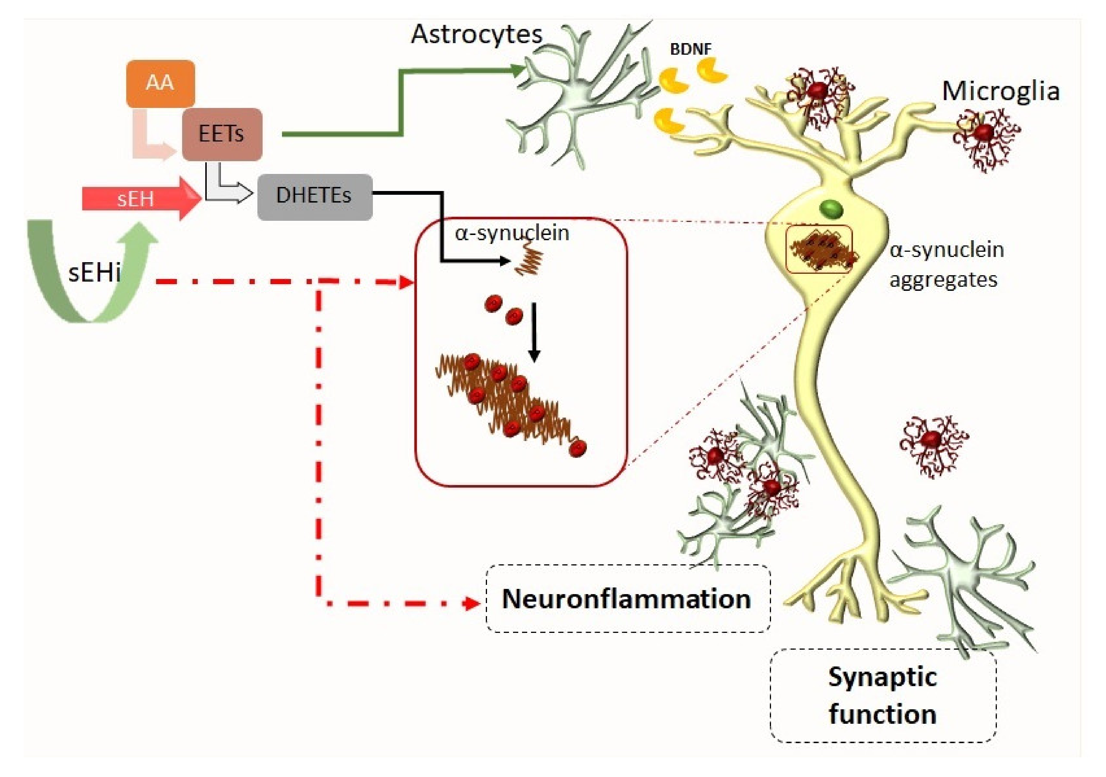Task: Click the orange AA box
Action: [160, 84]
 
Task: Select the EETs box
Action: [222, 134]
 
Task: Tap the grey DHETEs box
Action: [315, 197]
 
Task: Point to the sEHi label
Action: [94, 273]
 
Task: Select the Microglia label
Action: [1001, 91]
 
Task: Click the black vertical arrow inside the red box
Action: [534, 332]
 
